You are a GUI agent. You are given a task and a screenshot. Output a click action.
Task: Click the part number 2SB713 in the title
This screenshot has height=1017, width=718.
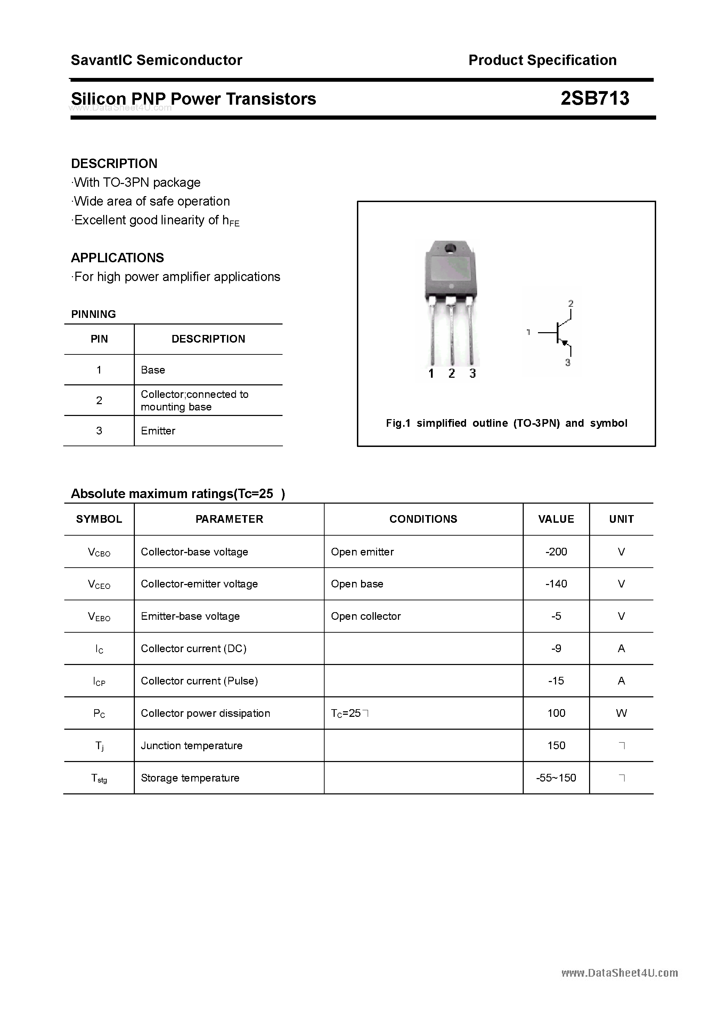[595, 98]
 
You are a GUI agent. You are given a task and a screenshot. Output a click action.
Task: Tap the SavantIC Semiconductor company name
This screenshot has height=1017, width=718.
[156, 60]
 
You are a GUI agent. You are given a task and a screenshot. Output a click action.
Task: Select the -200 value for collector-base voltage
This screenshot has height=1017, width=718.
[556, 552]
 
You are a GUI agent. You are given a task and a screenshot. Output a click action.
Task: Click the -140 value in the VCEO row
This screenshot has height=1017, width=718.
[556, 584]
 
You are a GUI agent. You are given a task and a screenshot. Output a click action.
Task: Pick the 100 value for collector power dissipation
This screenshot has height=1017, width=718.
[556, 713]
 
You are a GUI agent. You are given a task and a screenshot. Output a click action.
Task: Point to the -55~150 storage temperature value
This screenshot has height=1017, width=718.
[556, 778]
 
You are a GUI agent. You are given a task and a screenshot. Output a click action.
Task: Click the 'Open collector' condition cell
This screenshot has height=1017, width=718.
[366, 616]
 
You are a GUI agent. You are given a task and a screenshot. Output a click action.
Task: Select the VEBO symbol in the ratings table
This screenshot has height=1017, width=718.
[99, 616]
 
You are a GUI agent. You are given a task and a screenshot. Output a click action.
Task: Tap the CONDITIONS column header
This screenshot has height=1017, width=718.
[423, 519]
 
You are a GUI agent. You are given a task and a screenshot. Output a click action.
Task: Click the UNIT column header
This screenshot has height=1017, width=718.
[621, 519]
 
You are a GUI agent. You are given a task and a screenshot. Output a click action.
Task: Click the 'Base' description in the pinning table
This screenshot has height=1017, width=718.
[153, 370]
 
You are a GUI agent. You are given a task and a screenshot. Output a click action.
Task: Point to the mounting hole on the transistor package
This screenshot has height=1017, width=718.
[451, 248]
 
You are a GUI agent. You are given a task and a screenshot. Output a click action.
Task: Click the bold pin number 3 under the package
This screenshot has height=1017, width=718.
[472, 374]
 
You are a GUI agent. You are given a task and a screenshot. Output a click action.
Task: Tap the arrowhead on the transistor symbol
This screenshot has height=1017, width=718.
[564, 342]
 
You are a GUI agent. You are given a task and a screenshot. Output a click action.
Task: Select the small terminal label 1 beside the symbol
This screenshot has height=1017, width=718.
[528, 332]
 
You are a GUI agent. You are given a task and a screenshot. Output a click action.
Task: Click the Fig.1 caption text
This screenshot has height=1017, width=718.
[506, 423]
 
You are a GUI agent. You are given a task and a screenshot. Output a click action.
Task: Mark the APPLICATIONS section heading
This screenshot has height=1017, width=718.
[117, 258]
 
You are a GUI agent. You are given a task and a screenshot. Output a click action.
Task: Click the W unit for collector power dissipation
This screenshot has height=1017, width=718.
[621, 713]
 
